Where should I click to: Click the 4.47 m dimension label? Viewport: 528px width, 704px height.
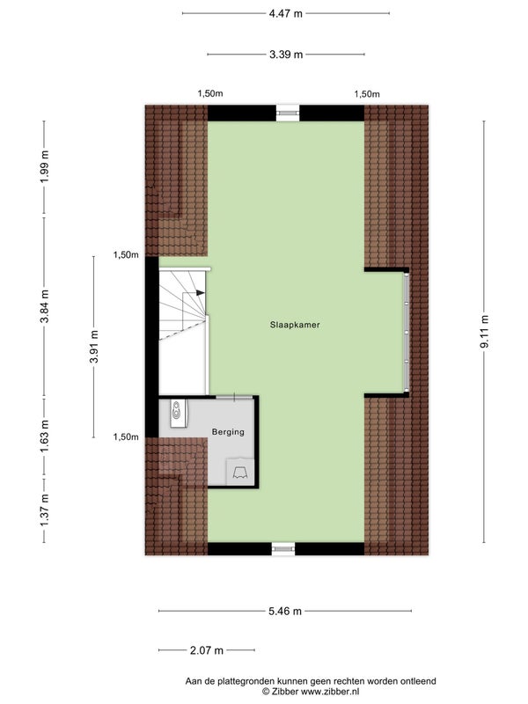tap(286, 13)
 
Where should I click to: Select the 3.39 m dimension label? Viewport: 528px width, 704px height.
tap(286, 55)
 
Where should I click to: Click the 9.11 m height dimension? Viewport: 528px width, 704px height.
tap(484, 332)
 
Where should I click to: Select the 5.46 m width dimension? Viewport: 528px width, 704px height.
tap(286, 611)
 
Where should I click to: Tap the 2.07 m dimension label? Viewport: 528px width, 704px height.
tap(207, 650)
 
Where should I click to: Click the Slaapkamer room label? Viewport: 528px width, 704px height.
tap(295, 325)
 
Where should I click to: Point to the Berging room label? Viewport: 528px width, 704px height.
tap(228, 432)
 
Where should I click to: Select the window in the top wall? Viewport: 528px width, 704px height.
tap(286, 112)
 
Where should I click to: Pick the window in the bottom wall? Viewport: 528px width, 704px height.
tap(283, 548)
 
